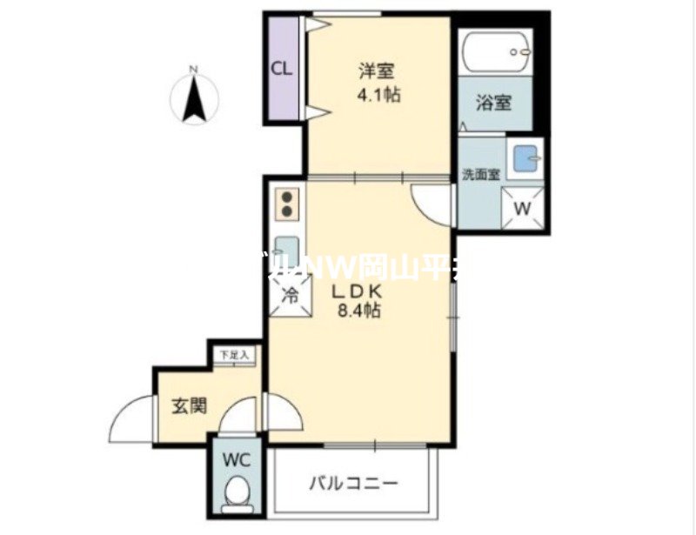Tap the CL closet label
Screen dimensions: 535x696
[281, 70]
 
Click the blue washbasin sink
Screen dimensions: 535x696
[525, 159]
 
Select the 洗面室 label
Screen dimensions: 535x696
[480, 173]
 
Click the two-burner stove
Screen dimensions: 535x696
[288, 204]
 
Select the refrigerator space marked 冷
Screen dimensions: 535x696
[290, 294]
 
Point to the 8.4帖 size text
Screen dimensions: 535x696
[358, 311]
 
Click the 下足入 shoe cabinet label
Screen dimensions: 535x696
[232, 355]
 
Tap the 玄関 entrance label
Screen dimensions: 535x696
[189, 405]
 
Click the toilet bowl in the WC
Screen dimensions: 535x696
[236, 496]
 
